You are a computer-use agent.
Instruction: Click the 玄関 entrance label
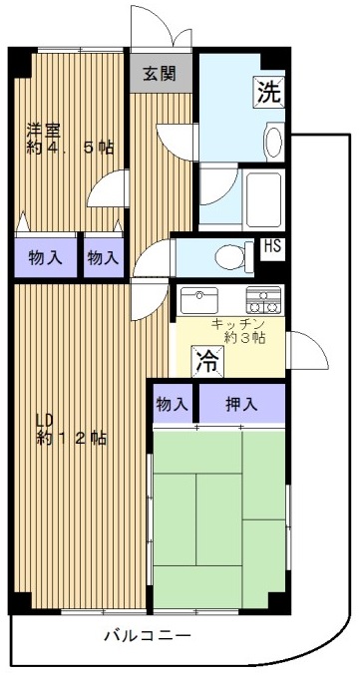coord(160,75)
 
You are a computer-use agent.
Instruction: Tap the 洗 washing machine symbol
coord(268,92)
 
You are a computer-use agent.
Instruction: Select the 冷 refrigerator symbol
coord(207,361)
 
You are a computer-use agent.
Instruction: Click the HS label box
coord(272,248)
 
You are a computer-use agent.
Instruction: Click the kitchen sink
coord(199,300)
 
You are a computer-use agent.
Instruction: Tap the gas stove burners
coord(263,300)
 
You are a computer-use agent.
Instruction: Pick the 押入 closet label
coord(241,404)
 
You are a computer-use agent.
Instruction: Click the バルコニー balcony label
coord(148,635)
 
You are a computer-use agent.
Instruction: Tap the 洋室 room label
coord(44,130)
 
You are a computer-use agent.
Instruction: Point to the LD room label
coord(44,419)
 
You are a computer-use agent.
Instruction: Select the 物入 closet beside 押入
coord(173,404)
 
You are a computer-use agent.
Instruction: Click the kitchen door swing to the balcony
coord(309,350)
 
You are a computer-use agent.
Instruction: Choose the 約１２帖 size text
coord(71,439)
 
